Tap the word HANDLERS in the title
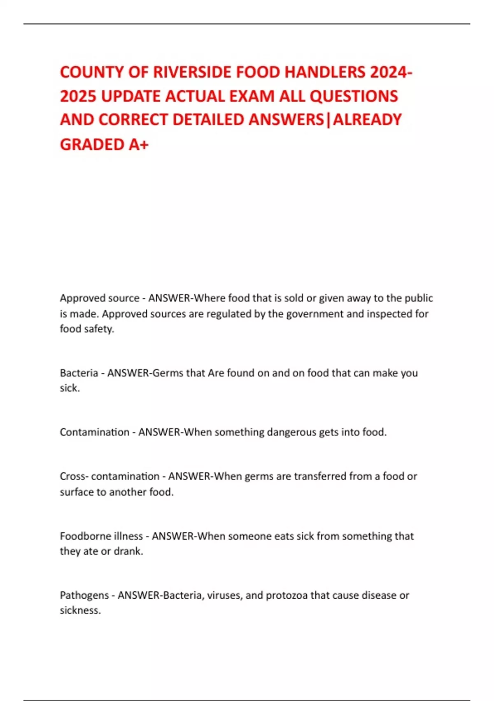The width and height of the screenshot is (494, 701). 325,72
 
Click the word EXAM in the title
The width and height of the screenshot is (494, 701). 252,96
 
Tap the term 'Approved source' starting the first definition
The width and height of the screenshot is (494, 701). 100,298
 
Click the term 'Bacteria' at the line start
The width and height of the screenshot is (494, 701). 79,373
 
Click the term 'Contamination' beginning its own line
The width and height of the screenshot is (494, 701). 94,432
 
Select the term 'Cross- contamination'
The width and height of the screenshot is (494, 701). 110,476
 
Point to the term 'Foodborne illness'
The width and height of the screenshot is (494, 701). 101,536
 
